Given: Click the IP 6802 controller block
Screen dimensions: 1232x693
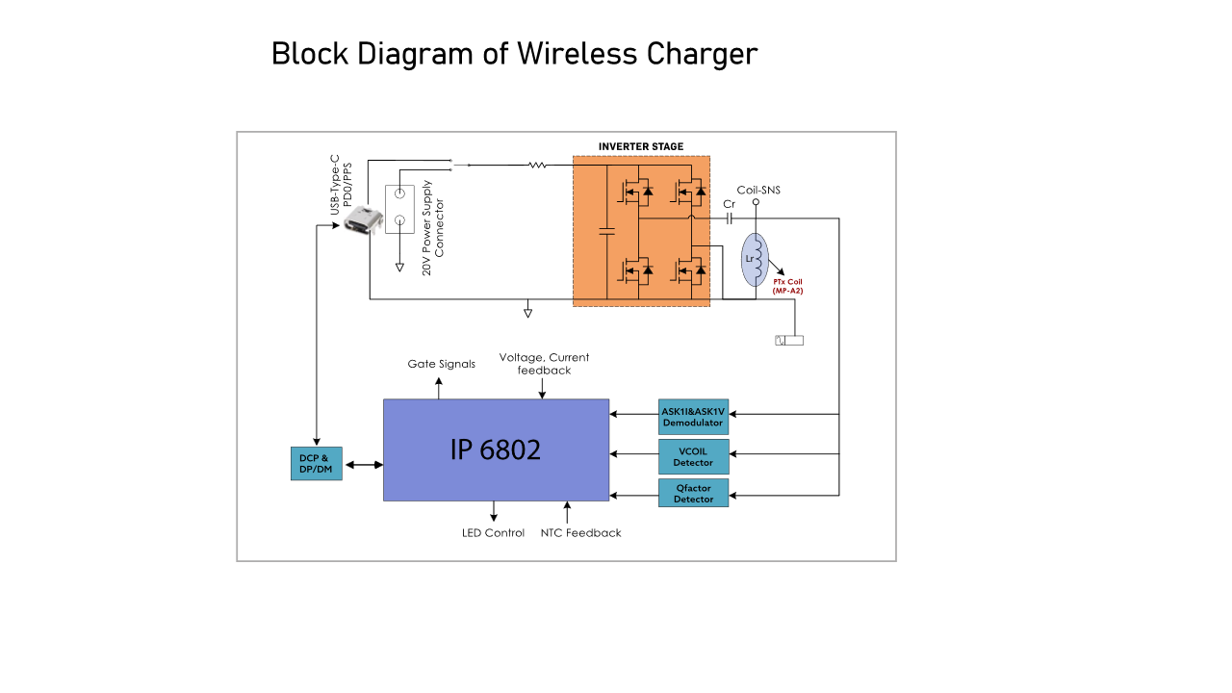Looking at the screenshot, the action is [496, 449].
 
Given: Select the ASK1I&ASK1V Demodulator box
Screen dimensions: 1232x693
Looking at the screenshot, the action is [694, 417].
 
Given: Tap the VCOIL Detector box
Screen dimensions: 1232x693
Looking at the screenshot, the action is [694, 456].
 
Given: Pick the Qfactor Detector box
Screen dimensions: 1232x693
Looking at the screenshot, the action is [694, 493].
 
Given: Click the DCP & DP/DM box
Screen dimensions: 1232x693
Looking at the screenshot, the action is [317, 464].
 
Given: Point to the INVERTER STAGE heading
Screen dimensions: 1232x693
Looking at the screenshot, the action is [641, 147].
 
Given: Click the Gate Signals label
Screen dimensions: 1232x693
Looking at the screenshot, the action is [441, 364].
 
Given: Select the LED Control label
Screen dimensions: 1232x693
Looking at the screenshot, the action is [493, 533].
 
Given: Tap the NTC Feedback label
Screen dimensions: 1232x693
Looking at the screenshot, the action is [580, 533].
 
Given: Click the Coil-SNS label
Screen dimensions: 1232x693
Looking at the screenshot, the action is [758, 191].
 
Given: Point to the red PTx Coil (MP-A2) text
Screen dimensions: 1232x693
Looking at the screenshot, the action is [787, 287].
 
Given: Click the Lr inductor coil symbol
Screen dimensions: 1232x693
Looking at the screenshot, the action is [756, 260].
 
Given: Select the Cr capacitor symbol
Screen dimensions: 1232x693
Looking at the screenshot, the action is [730, 218].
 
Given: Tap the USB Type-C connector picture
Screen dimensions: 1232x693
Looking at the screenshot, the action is [363, 219].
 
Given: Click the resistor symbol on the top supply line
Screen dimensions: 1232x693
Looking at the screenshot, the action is [537, 165].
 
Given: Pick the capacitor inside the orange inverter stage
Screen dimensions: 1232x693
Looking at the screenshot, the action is [606, 232].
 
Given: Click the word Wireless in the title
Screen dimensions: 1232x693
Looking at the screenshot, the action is [577, 54].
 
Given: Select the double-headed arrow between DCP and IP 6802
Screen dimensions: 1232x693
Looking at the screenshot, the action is [364, 465].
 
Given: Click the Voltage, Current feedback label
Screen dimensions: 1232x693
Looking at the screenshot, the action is [544, 364].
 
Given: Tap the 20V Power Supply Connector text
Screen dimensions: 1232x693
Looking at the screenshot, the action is [433, 228].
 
